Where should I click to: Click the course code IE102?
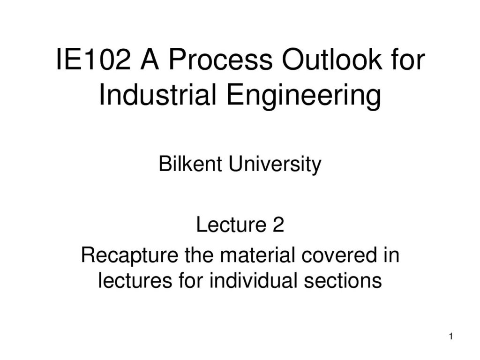93,60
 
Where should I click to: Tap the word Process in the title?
220,60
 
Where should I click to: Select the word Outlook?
332,59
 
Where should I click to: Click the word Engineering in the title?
304,96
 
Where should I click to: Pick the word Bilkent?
190,164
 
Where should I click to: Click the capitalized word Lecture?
231,225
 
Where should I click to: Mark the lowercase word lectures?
135,280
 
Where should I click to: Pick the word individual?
253,280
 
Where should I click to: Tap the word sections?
343,280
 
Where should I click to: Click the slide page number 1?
451,337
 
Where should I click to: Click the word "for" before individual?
191,280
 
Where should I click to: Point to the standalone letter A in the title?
150,60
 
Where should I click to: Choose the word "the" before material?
199,255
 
